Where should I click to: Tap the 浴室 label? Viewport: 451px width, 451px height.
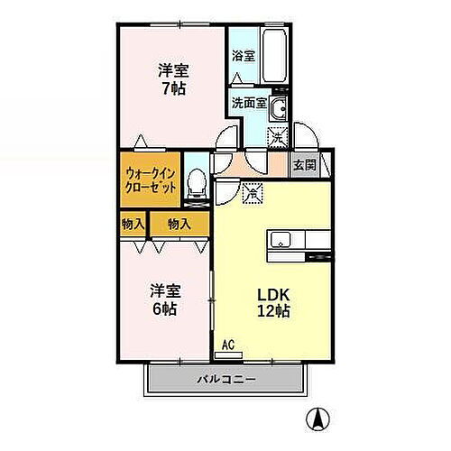244,55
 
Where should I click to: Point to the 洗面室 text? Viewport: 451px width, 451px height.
248,103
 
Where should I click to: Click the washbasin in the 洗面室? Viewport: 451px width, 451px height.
280,111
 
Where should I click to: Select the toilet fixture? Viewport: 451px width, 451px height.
193,185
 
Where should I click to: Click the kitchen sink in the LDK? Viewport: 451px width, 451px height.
281,240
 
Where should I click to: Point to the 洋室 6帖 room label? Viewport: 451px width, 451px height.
165,299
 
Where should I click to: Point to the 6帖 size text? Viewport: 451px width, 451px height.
165,308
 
